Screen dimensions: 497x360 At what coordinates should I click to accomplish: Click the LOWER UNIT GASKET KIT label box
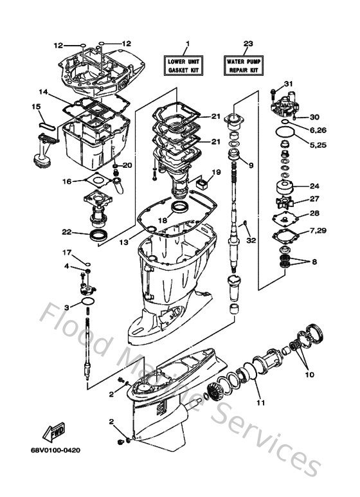[x=188, y=64]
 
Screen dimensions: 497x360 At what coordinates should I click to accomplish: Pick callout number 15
[x=36, y=105]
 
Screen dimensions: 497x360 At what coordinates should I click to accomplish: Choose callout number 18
[x=162, y=220]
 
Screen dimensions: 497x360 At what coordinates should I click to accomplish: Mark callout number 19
[x=217, y=172]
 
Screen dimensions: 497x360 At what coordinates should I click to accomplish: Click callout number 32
[x=251, y=240]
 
